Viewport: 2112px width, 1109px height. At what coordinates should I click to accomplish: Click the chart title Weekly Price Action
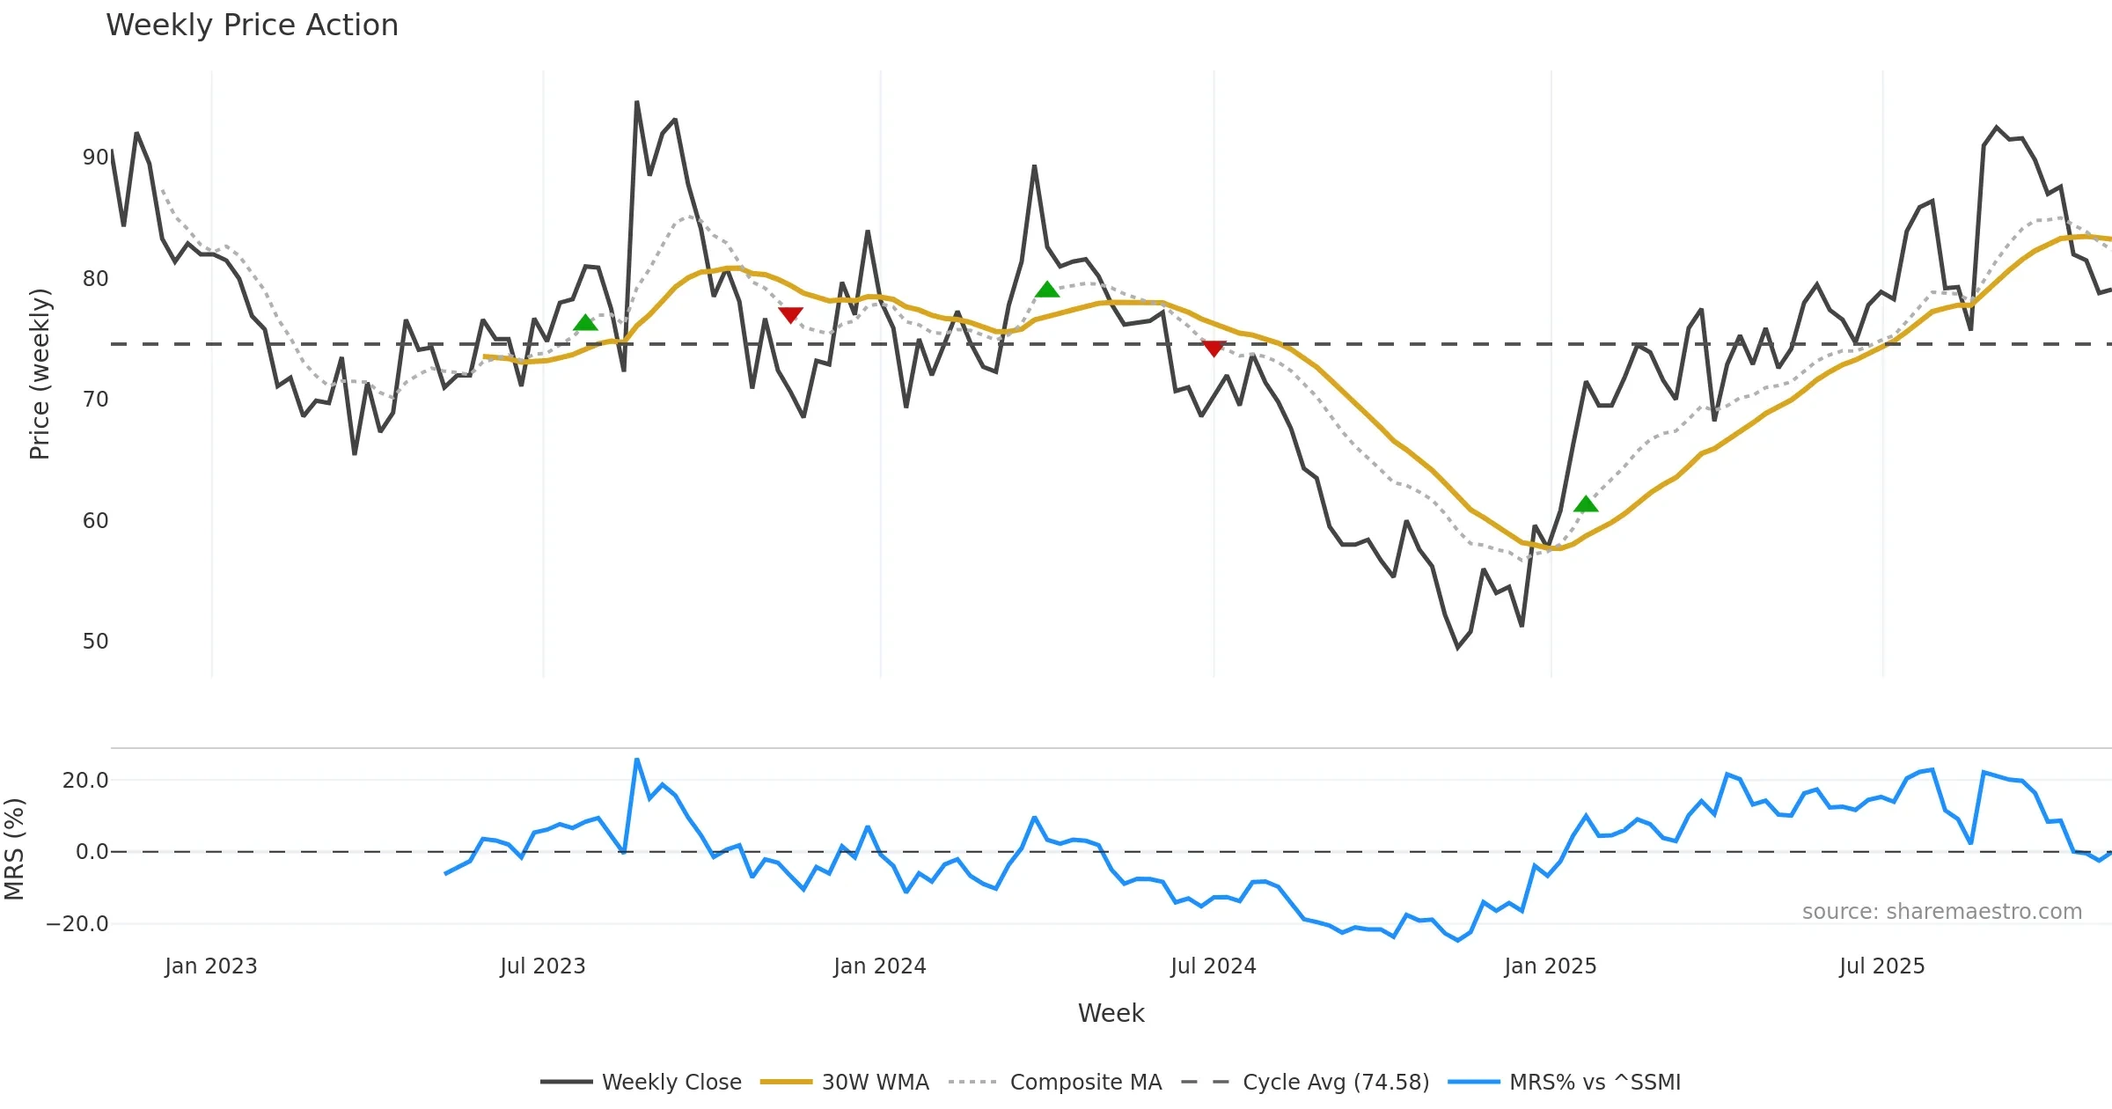coord(252,26)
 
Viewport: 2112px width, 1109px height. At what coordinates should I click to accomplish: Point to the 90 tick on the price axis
coord(95,158)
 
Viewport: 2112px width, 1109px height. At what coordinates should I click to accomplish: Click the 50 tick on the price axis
coord(95,642)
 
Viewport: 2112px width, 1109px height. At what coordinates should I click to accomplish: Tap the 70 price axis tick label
coord(95,400)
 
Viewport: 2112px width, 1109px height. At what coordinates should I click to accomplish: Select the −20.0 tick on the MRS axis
coord(77,924)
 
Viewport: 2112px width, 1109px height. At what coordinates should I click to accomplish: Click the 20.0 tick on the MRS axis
coord(84,781)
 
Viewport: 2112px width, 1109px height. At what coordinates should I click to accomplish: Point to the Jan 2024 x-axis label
coord(879,966)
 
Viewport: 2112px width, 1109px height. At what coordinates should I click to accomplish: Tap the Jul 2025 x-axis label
coord(1881,966)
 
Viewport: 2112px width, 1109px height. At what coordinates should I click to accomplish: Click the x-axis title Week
coord(1111,1014)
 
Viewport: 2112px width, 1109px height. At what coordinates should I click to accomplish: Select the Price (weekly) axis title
coord(40,374)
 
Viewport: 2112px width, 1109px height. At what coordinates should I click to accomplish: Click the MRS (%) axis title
coord(14,849)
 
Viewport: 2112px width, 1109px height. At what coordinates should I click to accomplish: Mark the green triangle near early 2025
coord(1585,504)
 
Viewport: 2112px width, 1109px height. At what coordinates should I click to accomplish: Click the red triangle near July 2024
coord(1214,349)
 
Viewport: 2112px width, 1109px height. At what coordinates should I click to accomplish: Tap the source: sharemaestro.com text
coord(1941,912)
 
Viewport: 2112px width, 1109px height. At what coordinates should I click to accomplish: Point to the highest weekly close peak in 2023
coord(637,103)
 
